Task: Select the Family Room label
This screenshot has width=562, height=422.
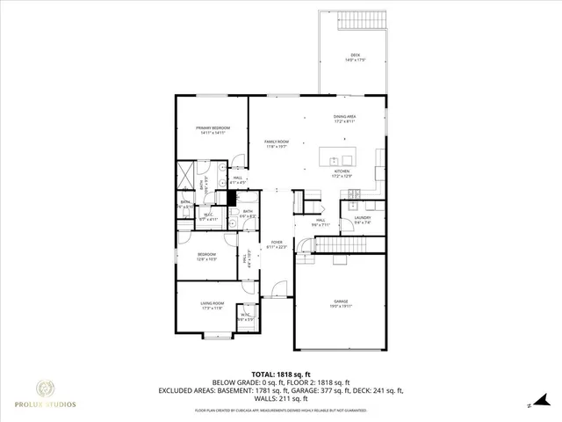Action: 277,144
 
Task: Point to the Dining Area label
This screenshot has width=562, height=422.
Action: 344,119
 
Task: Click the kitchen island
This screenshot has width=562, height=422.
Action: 341,160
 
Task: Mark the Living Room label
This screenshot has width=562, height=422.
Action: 213,305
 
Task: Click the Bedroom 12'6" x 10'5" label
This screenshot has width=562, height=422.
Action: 208,257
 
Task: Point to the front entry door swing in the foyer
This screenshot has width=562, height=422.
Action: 278,289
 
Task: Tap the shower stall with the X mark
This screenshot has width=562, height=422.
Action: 186,173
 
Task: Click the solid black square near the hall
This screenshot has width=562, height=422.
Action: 232,198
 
